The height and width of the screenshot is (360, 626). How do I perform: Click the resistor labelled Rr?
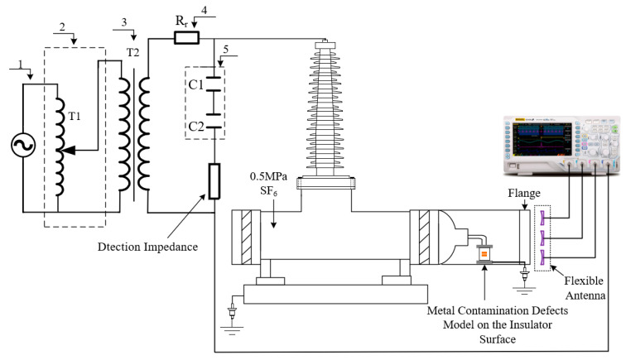185,37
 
